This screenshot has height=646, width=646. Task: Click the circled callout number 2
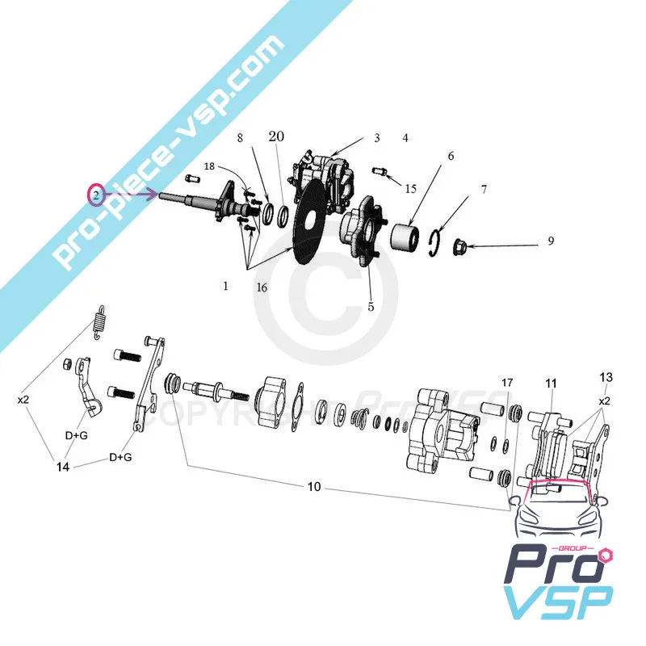[x=95, y=195]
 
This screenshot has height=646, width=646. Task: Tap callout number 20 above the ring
[x=276, y=138]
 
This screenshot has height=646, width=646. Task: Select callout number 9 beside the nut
[x=551, y=241]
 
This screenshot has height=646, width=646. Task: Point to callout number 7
[x=484, y=191]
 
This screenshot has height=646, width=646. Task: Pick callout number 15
[x=411, y=188]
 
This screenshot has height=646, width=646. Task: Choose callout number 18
[x=209, y=166]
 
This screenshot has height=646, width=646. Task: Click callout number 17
[x=507, y=382]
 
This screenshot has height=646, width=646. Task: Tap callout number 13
[x=606, y=378]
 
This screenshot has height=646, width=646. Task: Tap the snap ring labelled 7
[x=435, y=241]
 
